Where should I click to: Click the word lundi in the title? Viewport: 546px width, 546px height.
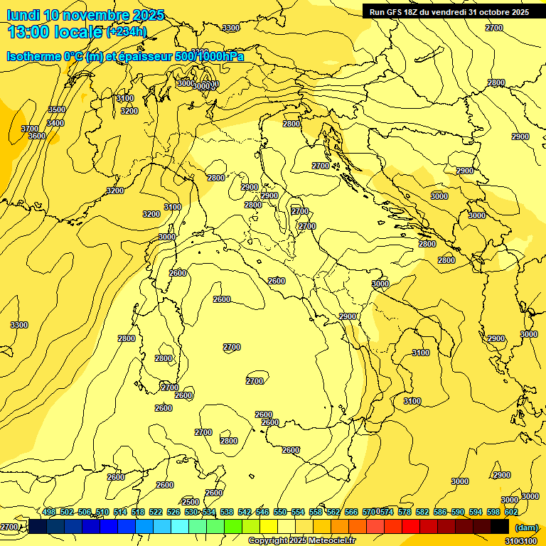23,15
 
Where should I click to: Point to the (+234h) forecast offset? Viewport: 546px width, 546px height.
127,31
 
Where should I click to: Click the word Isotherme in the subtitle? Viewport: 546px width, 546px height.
33,56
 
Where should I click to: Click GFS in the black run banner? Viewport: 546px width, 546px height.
394,12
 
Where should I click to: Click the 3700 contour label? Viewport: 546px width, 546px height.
31,129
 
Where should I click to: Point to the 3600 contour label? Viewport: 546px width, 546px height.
36,136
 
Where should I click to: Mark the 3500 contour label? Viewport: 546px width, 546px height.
57,109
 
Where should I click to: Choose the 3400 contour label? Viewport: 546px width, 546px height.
55,123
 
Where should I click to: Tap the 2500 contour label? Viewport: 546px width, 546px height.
191,502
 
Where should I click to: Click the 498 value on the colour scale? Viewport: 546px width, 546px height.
49,512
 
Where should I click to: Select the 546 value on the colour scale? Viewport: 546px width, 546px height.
262,512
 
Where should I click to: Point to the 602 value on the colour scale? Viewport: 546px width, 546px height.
511,512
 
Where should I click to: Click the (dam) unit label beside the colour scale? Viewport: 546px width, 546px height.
526,527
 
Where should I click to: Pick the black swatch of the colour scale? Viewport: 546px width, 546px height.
500,526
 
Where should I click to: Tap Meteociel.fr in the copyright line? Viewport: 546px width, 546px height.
331,541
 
